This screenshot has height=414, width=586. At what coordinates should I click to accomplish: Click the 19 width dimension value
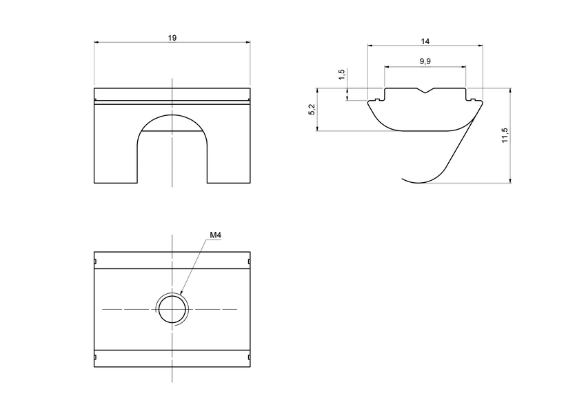click(172, 38)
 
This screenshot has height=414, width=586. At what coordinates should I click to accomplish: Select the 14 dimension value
click(425, 41)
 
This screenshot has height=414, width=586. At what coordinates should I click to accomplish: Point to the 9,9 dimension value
click(425, 62)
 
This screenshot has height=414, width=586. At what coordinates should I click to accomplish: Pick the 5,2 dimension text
click(312, 110)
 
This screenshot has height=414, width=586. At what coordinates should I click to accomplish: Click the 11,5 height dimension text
click(505, 135)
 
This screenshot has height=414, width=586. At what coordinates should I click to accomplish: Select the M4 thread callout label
click(215, 235)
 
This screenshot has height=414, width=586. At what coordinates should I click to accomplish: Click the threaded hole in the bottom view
click(172, 309)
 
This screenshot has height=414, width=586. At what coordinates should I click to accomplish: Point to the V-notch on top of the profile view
click(425, 90)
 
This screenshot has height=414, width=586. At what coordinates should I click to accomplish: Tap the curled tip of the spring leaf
click(405, 179)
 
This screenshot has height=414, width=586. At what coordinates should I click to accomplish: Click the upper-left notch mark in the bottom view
click(94, 262)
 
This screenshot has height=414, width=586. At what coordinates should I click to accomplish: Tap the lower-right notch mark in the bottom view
click(248, 357)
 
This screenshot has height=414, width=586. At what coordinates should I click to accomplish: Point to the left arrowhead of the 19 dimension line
click(96, 42)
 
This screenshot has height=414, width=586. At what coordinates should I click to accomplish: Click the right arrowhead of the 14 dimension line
click(481, 46)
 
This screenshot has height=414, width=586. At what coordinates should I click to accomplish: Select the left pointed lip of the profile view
click(370, 103)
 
